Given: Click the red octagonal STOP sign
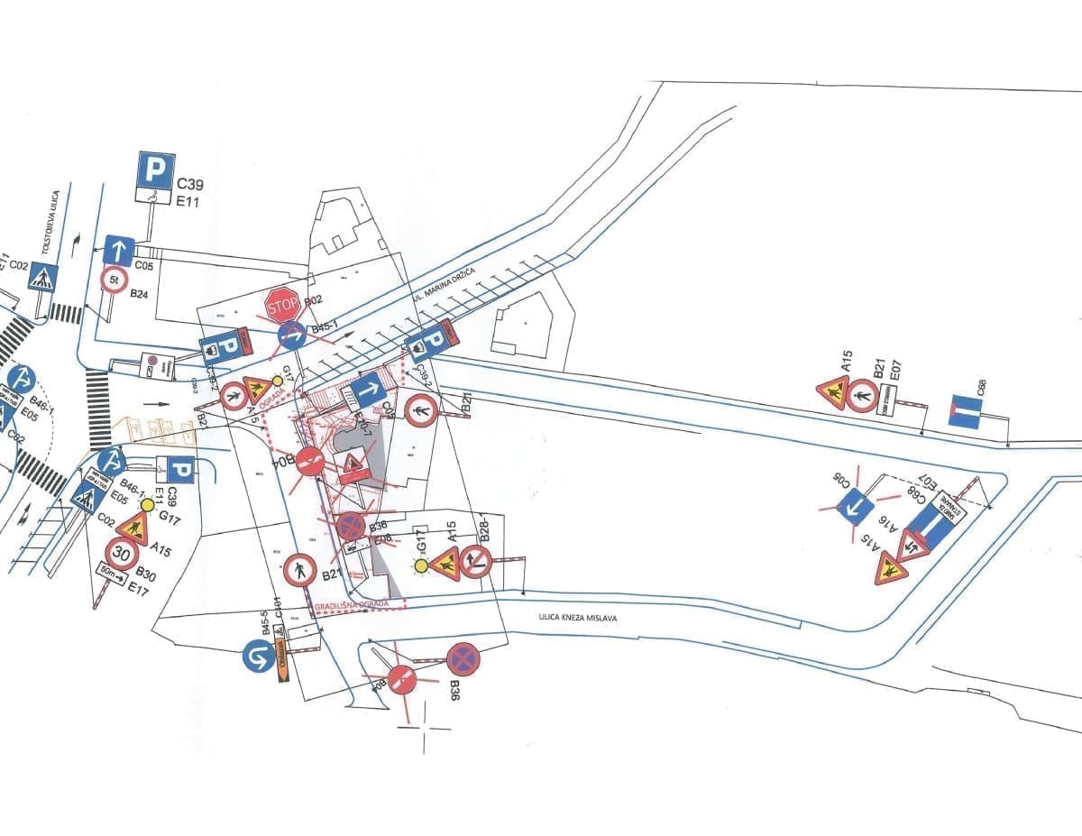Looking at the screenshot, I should coord(282,306).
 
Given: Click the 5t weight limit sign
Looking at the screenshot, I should coord(115,280).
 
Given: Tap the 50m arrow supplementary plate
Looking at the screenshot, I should coord(112,571).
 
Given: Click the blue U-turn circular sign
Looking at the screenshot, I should coord(258,655).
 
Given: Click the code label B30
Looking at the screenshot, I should coord(146,574).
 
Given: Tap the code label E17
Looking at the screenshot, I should coord(138,590).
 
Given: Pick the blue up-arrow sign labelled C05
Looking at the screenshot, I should coord(119,250).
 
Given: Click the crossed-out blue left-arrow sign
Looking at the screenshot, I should coord(855,508).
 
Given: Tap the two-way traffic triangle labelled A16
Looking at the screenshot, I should coord(912,546).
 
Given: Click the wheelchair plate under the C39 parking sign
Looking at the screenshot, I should coord(154,195).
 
